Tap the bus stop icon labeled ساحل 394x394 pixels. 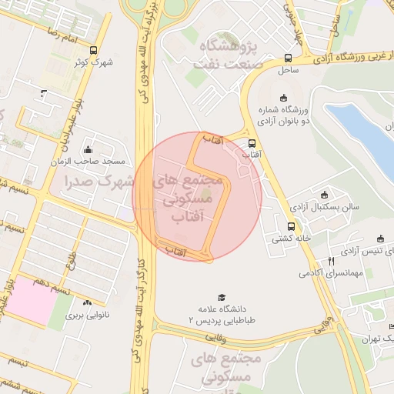coord(288,58)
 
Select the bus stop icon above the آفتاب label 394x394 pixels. coord(252,142)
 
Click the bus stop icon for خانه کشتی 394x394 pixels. coord(291,226)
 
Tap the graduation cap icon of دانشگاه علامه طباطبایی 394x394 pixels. coord(222,297)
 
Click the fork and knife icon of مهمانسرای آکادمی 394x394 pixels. coord(331,261)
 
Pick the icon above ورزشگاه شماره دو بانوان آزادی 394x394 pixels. coord(284,97)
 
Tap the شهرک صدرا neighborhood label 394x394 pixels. coord(98,182)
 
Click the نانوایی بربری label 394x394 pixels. coord(87,315)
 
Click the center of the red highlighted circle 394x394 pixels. coord(197,196)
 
